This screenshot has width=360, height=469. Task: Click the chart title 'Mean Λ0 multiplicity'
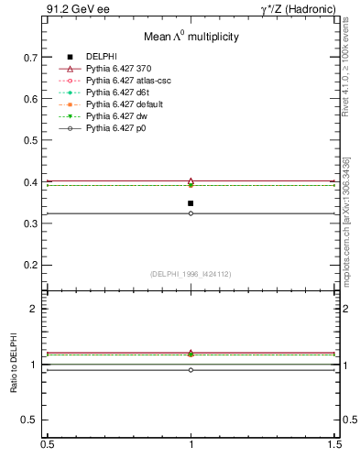coord(191,37)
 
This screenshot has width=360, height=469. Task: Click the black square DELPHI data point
coord(191,203)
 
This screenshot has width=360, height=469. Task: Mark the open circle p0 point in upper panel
coord(191,213)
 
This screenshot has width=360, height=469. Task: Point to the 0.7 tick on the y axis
coord(31,57)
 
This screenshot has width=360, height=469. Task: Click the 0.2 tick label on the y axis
coord(31,265)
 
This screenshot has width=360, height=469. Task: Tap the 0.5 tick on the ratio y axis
coord(31,420)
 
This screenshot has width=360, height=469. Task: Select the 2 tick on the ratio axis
coord(35,309)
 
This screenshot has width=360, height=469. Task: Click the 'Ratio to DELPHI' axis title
coord(14,364)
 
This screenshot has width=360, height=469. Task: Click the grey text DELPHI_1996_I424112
coord(191,274)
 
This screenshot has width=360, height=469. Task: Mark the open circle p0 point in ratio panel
coord(191,370)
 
